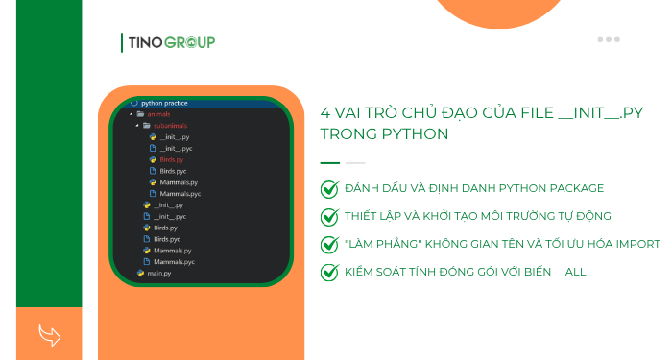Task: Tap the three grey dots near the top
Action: [609, 39]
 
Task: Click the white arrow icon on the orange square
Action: [49, 334]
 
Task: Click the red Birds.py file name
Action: [171, 159]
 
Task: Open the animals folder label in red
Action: [158, 114]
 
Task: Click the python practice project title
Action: [164, 103]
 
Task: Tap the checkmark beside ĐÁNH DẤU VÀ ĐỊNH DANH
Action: [329, 189]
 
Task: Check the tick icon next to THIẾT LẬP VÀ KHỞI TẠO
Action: [329, 217]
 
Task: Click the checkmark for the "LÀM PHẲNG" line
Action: [329, 244]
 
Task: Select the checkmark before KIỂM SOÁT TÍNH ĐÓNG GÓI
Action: [329, 272]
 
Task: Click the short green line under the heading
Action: [329, 162]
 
